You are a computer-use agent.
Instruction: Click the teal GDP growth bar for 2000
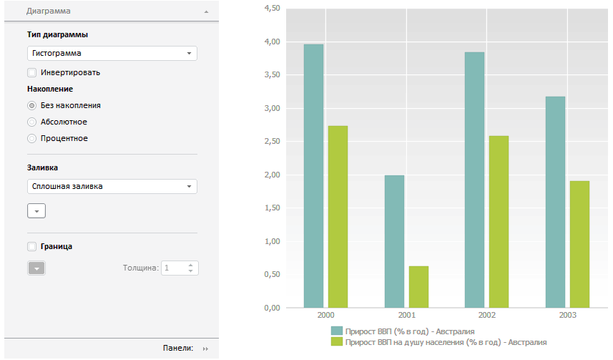tap(313, 175)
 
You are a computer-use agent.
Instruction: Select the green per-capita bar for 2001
tap(418, 286)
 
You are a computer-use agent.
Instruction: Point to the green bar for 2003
tap(579, 244)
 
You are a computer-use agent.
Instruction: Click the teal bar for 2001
tap(394, 241)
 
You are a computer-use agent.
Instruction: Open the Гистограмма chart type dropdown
tap(112, 53)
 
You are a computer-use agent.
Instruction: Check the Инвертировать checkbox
tap(31, 72)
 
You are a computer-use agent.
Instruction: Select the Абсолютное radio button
tap(31, 122)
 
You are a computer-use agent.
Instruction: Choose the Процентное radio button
tap(31, 138)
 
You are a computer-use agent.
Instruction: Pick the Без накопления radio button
tap(31, 105)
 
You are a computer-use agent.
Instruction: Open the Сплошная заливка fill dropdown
tap(112, 187)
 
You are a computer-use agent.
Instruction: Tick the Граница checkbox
tap(31, 246)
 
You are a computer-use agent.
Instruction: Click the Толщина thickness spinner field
tap(175, 268)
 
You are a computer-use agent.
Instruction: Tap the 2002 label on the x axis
tap(486, 315)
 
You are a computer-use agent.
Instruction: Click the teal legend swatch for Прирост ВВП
tap(336, 331)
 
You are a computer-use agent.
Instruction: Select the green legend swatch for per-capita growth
tap(336, 342)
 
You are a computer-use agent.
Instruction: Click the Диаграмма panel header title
tap(48, 11)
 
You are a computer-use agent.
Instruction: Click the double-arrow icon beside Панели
tap(205, 349)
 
